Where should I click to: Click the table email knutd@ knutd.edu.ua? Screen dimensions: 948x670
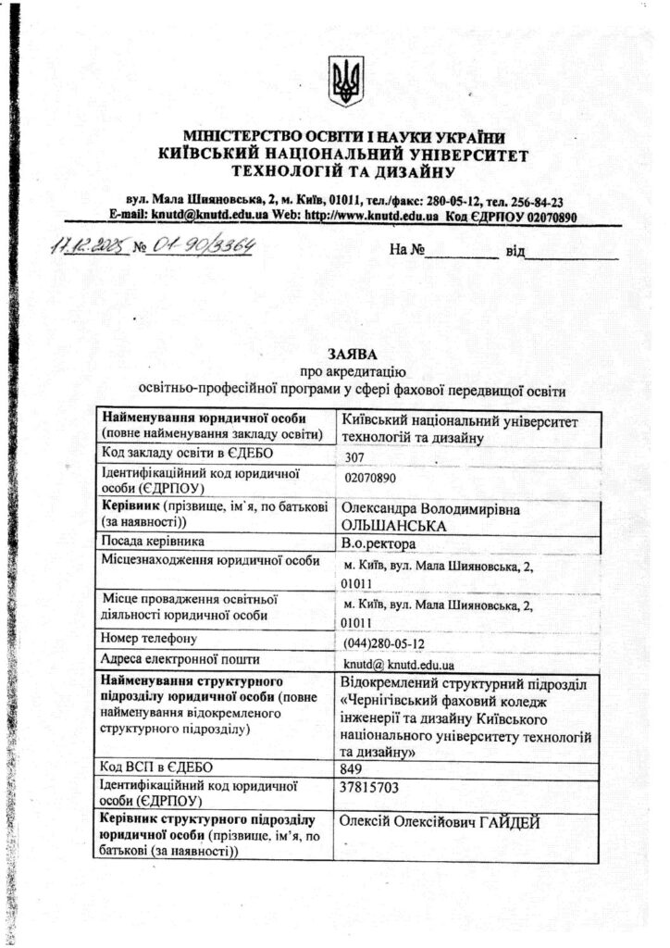coord(399,665)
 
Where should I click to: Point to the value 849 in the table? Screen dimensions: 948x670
coord(351,768)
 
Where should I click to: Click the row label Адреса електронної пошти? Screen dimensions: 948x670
coord(180,659)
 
